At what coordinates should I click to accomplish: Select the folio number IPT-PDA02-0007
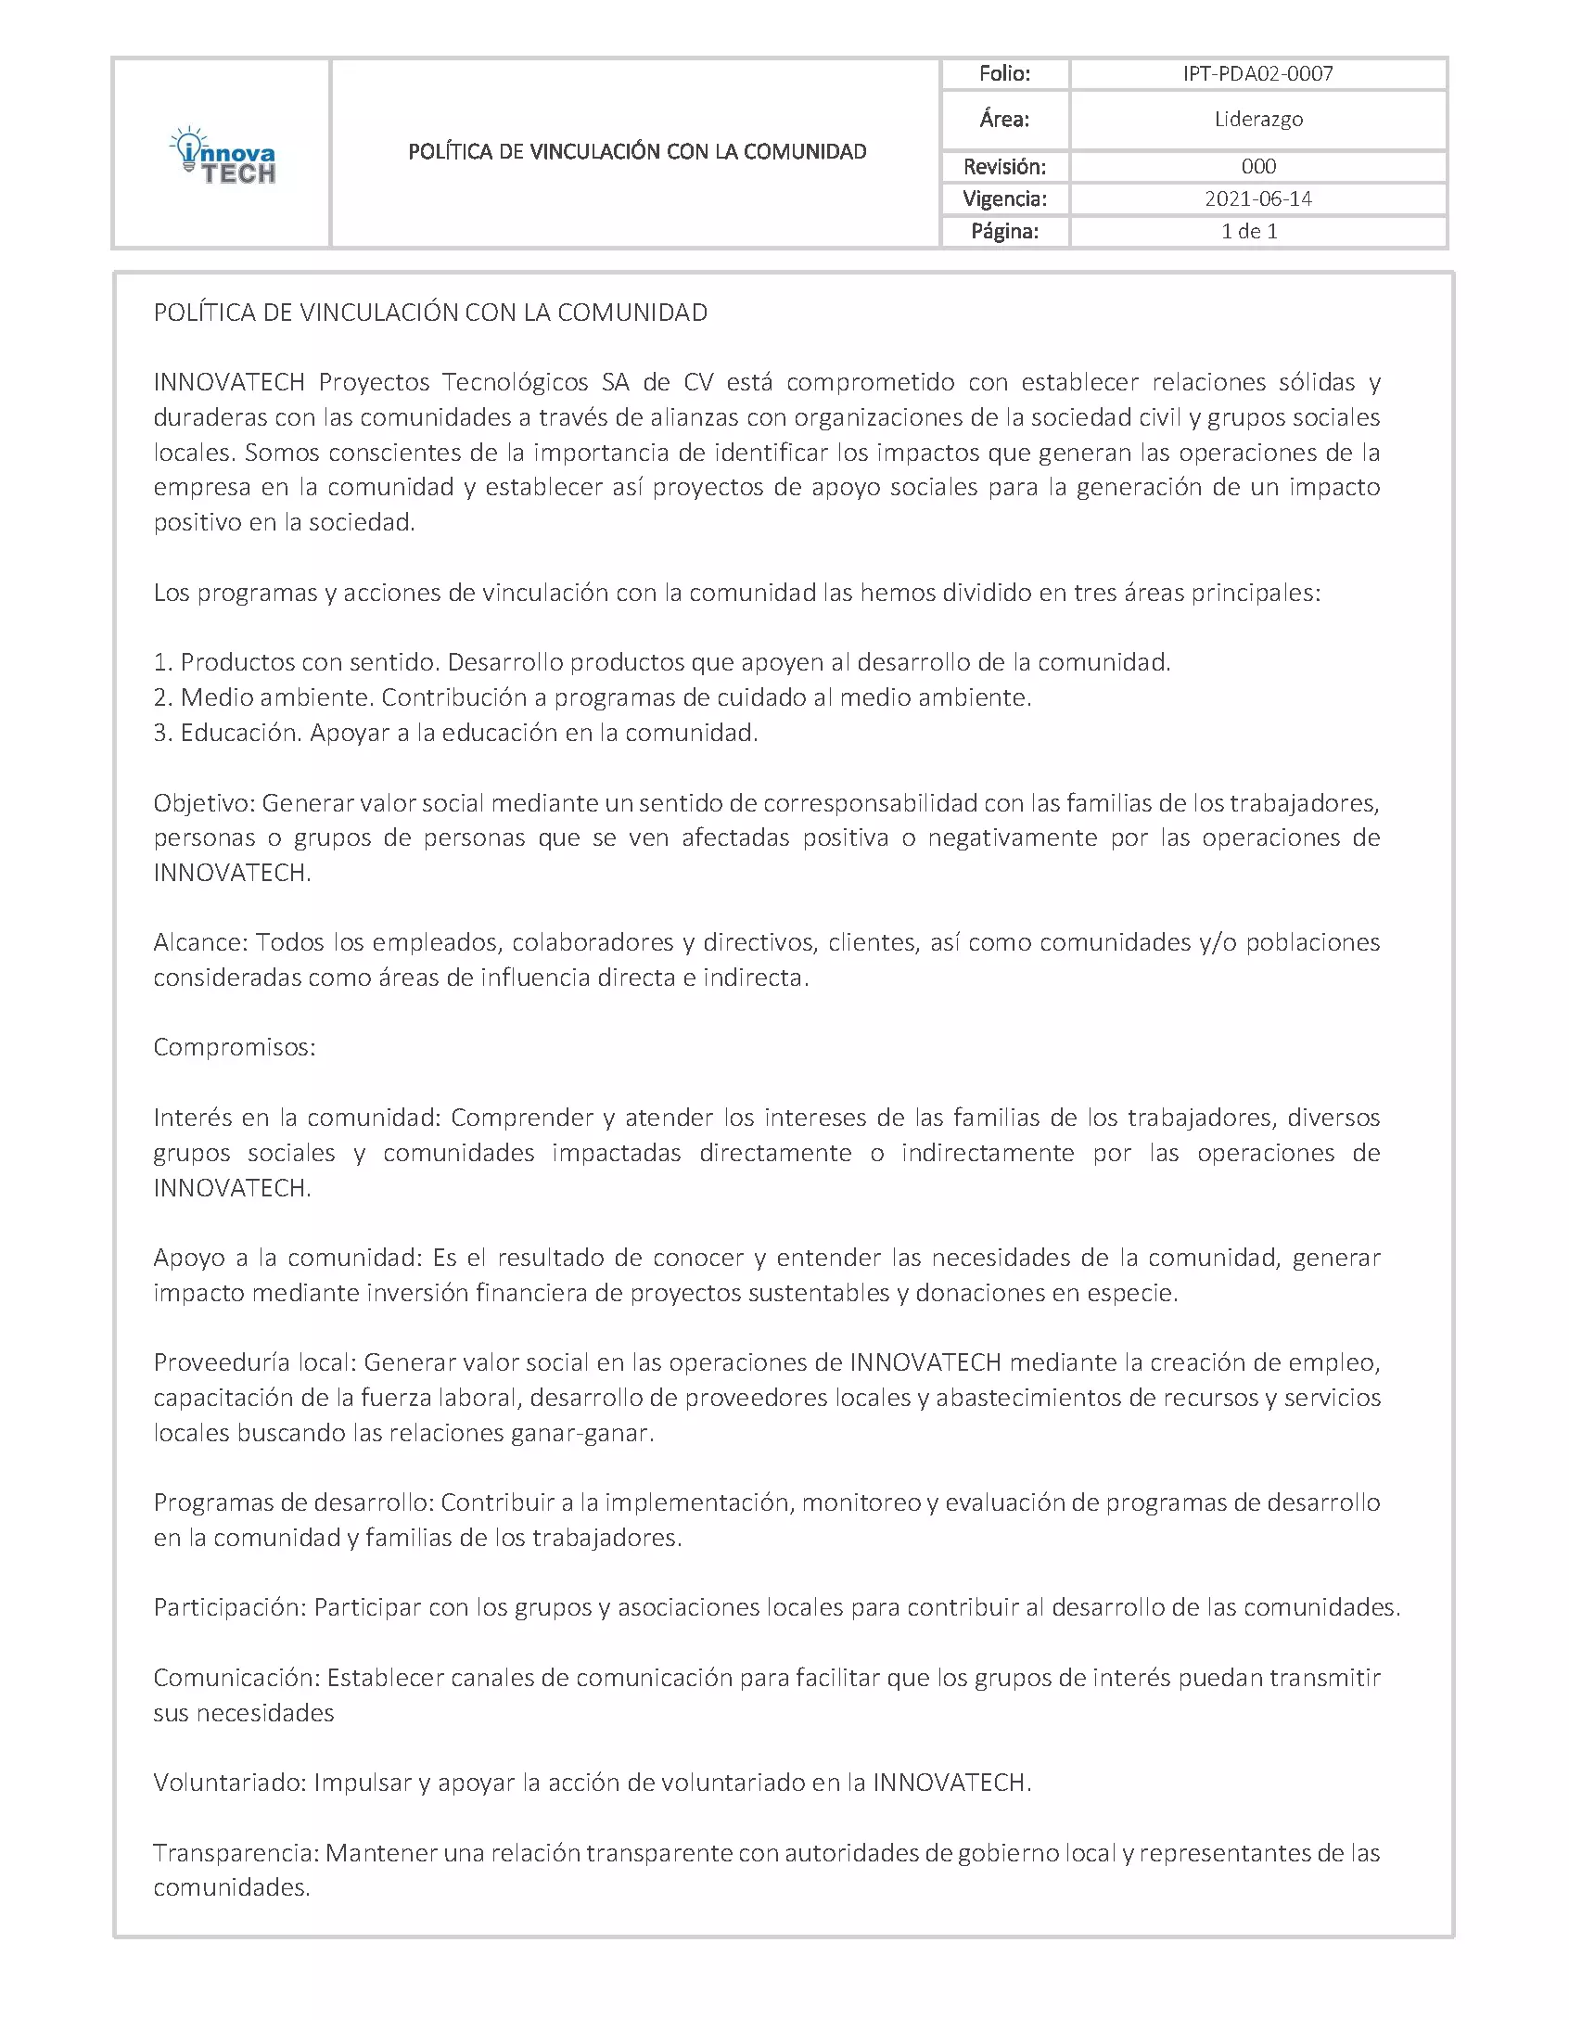(1257, 74)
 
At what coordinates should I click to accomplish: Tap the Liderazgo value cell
(1257, 120)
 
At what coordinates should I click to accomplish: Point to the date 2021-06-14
(1257, 198)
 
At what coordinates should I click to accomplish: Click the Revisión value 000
(1257, 167)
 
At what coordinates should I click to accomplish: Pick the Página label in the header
(1004, 231)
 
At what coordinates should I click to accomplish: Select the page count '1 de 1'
(1249, 231)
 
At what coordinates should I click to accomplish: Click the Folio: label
(1004, 74)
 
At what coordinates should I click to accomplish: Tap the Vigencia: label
(1004, 198)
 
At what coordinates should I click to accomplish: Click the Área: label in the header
(1004, 120)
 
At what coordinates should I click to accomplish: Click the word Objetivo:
(204, 803)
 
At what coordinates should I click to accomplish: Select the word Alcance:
(200, 943)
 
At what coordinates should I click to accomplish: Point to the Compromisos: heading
(235, 1048)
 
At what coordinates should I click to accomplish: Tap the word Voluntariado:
(229, 1783)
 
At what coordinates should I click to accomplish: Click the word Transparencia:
(236, 1853)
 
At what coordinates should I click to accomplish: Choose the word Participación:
(229, 1607)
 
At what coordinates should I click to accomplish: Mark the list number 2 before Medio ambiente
(161, 698)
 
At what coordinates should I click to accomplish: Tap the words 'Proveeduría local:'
(254, 1362)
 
